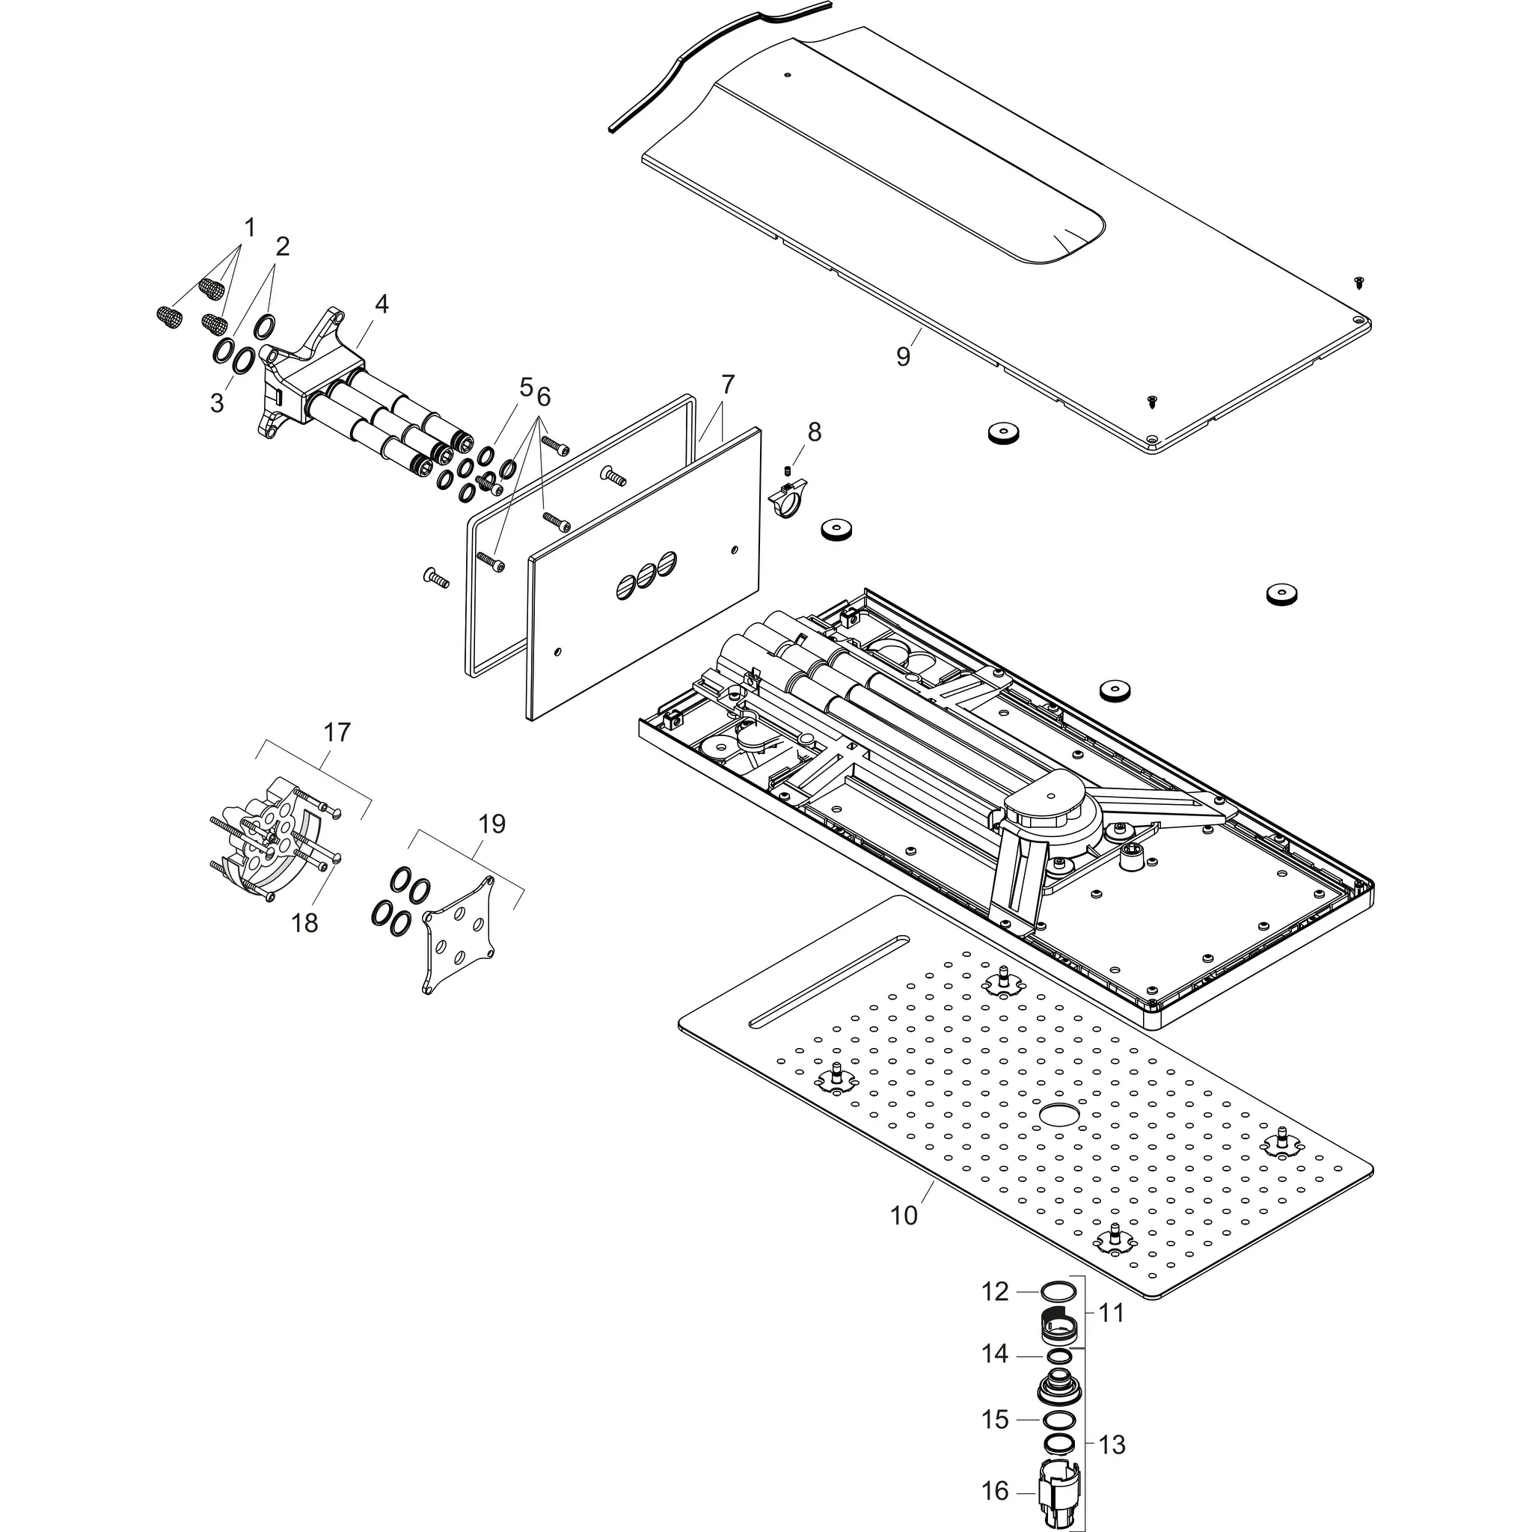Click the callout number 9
tap(903, 357)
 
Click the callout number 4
tap(382, 304)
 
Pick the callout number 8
tap(815, 432)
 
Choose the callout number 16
tap(995, 1491)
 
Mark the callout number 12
tap(995, 1292)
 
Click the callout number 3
tap(216, 403)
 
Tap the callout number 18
tap(304, 922)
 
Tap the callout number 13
tap(1112, 1444)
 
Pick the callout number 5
tap(526, 387)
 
